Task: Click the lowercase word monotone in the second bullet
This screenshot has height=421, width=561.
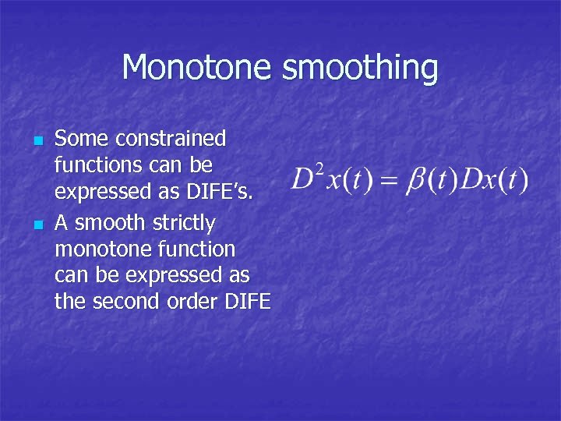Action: [x=104, y=249]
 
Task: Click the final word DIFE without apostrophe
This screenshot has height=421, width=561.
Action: [x=249, y=301]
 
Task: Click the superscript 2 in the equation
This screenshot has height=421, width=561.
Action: [x=319, y=169]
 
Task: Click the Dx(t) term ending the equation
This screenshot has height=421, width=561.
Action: [x=496, y=180]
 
